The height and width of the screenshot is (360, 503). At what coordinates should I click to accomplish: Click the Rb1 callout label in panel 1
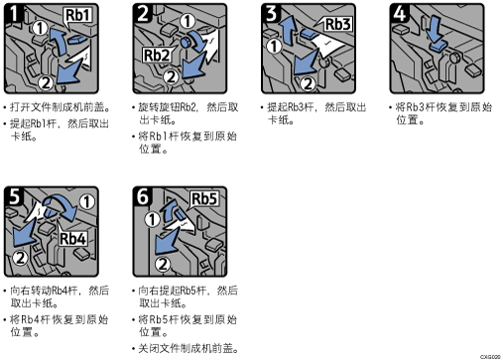point(78,15)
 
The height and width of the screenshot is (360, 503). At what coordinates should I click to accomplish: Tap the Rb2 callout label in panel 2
point(157,56)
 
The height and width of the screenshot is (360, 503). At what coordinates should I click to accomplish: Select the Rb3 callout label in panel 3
point(337,24)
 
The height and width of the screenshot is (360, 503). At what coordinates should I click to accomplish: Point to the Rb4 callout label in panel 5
point(72,238)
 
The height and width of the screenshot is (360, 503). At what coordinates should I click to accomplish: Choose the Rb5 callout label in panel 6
point(204,199)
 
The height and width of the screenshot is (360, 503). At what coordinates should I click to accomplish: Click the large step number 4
point(399,14)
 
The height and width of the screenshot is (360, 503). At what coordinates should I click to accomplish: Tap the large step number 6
point(143,196)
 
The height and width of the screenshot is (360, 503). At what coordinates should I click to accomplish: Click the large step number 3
point(271,14)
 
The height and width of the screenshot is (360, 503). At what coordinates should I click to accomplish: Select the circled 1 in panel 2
point(188,22)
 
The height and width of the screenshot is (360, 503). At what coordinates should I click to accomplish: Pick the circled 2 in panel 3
point(308,83)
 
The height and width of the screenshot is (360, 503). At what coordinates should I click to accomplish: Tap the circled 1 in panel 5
point(87,201)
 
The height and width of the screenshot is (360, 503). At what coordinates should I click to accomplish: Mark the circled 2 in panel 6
point(163,264)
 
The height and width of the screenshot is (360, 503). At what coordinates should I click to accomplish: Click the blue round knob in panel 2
point(186,42)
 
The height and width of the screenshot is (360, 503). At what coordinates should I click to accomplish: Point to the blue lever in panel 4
point(439,47)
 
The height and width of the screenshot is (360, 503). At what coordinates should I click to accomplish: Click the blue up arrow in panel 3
point(288,32)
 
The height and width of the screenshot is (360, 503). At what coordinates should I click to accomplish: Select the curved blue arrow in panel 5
point(63,205)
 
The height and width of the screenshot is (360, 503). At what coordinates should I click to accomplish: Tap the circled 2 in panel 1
point(46,82)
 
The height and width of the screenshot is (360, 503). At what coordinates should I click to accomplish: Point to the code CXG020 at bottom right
point(490,357)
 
